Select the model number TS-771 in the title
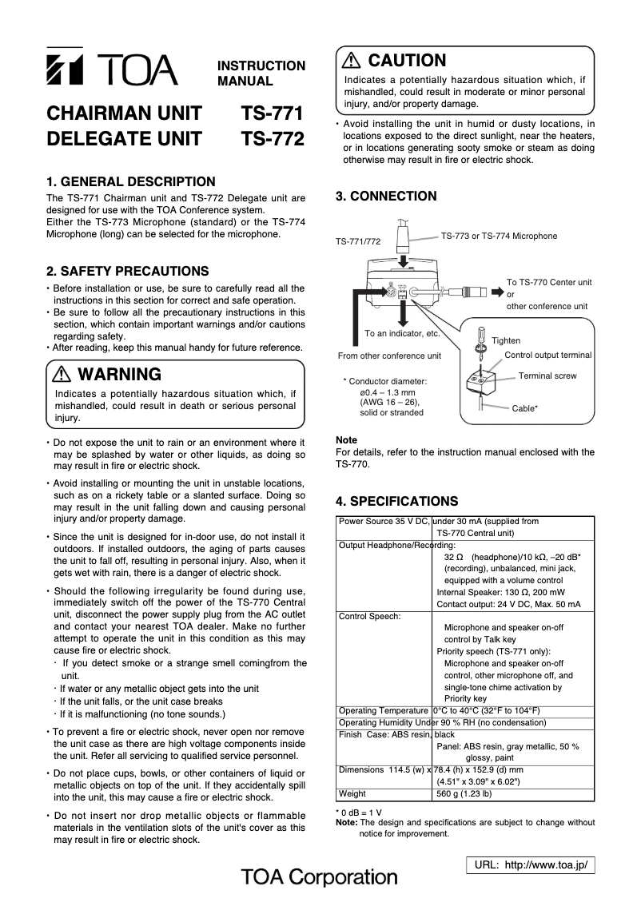pyautogui.click(x=273, y=113)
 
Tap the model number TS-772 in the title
pyautogui.click(x=273, y=140)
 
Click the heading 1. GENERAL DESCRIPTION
pyautogui.click(x=131, y=181)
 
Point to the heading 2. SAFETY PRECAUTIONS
pyautogui.click(x=128, y=272)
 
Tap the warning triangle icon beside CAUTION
pyautogui.click(x=352, y=61)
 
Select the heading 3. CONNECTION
pyautogui.click(x=386, y=197)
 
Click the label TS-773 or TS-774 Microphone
pyautogui.click(x=499, y=236)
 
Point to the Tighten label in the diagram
pyautogui.click(x=506, y=340)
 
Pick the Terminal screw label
pyautogui.click(x=547, y=376)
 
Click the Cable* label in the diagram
pyautogui.click(x=524, y=408)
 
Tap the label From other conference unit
pyautogui.click(x=389, y=356)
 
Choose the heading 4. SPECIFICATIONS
pyautogui.click(x=397, y=502)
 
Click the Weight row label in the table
pyautogui.click(x=352, y=794)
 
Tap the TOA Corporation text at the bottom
pyautogui.click(x=320, y=877)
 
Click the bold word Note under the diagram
pyautogui.click(x=346, y=440)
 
